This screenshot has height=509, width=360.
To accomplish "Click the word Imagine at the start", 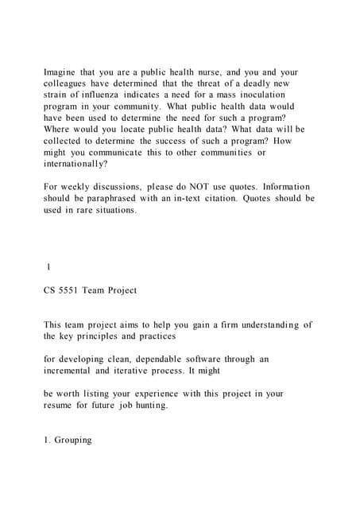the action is (61, 72).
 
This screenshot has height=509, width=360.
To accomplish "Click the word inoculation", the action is (265, 95).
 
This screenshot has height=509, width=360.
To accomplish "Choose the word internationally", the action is (74, 163).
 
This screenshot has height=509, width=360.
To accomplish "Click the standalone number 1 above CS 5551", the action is (49, 267).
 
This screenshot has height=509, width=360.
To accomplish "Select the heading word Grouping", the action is (74, 440).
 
